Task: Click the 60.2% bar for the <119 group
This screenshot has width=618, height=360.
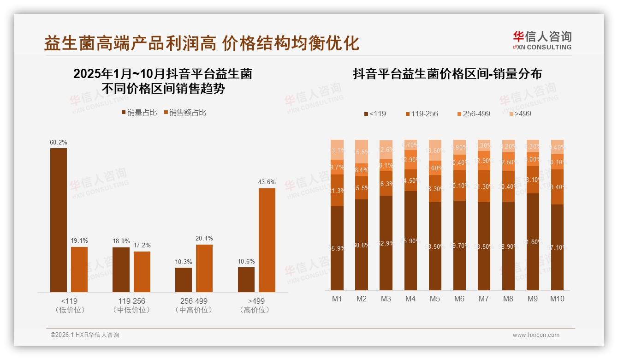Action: coord(59,220)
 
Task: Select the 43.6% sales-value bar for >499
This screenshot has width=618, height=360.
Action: coord(267,240)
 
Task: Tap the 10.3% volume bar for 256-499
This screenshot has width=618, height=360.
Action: coord(184,280)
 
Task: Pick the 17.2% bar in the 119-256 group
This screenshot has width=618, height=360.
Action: coord(142,271)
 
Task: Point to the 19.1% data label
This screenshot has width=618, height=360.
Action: coord(79,241)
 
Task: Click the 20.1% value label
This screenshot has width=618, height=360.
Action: coord(204,239)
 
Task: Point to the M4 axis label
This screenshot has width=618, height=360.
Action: coord(410,299)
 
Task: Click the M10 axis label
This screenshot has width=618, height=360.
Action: coord(557,299)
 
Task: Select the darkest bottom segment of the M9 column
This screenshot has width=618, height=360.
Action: coord(533,241)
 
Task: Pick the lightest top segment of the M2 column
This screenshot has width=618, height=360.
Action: coord(362,151)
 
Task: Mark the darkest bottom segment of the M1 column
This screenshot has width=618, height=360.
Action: coord(337,248)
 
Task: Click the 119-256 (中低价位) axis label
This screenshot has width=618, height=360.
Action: coord(131,305)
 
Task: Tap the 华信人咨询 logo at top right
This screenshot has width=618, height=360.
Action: coord(542,40)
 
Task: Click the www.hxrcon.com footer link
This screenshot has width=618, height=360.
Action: coord(536,335)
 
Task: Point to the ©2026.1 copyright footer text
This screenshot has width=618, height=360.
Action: coord(85,335)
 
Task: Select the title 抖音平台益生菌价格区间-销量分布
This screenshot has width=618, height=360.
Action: coord(447,74)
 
